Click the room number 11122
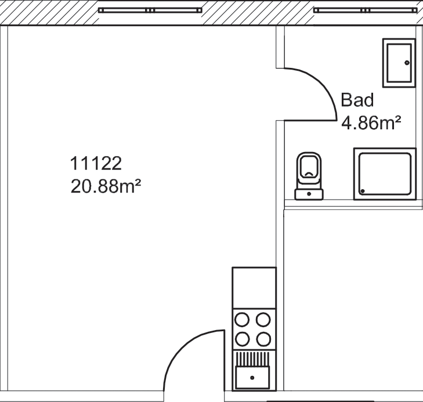96,164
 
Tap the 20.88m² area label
106,186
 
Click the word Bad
357,100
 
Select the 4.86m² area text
371,123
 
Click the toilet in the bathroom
309,176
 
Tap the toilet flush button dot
309,194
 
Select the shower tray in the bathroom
385,174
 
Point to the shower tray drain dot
363,191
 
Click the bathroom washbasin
399,63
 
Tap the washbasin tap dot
407,63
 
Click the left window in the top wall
150,10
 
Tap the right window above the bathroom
366,10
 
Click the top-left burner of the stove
242,320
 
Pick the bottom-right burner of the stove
263,339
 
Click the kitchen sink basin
252,377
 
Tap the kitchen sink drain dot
252,378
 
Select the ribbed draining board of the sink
252,359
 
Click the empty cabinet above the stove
254,288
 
